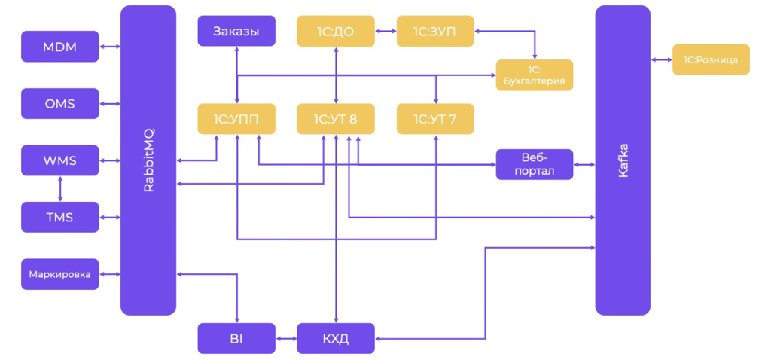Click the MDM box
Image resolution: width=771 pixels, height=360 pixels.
(x=60, y=47)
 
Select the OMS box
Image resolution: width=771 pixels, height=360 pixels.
(x=60, y=104)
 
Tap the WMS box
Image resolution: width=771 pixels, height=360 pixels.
(x=60, y=160)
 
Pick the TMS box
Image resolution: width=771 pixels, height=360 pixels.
(x=60, y=218)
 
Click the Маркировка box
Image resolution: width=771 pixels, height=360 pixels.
(x=60, y=274)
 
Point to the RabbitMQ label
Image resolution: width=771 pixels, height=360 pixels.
(x=148, y=160)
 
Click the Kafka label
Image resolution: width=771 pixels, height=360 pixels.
(x=623, y=160)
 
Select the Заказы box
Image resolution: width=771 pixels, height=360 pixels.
(x=236, y=32)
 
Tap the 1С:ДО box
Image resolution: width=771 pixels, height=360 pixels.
(x=336, y=32)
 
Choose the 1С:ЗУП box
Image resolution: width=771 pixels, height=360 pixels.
(x=435, y=32)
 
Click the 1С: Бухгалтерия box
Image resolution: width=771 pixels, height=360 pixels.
(x=535, y=75)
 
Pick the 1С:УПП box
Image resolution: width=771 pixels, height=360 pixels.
(x=236, y=119)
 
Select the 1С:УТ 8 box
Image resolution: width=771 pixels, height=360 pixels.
(x=336, y=119)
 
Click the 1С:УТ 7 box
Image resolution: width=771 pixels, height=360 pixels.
(x=435, y=119)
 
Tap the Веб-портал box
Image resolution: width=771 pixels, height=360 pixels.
(x=535, y=164)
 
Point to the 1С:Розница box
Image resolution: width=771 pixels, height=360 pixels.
(x=711, y=59)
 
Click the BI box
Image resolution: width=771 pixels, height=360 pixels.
(x=236, y=339)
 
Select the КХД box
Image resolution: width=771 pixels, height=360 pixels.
(x=336, y=339)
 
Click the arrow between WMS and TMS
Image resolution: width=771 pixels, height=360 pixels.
(x=60, y=189)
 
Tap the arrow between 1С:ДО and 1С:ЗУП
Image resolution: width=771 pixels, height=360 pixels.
(x=385, y=32)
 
